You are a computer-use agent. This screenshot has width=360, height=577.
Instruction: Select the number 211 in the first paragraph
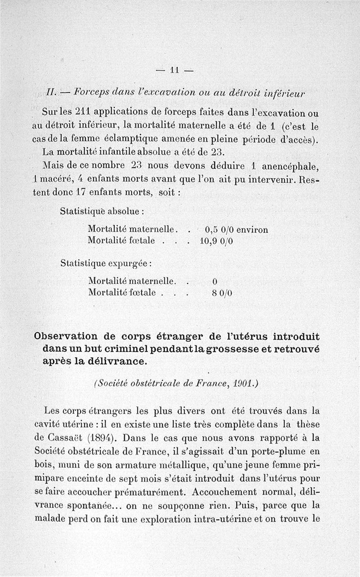(x=84, y=112)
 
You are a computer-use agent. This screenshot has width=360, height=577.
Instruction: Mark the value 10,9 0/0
(x=216, y=241)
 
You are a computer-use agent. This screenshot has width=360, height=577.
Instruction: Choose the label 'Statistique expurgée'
(x=106, y=263)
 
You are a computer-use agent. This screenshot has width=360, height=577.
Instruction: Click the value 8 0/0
(x=221, y=293)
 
